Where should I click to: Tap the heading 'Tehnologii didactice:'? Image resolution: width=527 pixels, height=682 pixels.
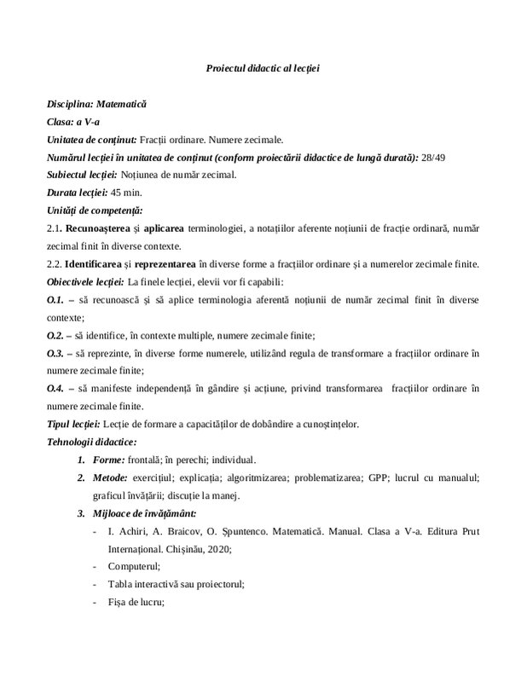(92, 441)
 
